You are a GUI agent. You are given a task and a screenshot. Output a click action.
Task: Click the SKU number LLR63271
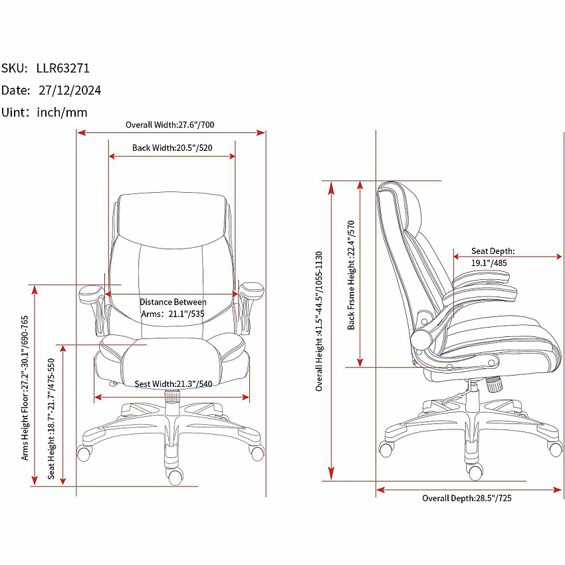(63, 68)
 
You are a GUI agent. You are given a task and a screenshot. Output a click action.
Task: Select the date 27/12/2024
(70, 90)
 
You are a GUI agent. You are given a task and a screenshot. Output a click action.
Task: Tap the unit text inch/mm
(62, 112)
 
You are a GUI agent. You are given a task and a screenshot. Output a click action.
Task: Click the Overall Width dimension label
(169, 125)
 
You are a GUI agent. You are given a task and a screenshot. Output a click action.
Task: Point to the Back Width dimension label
(172, 148)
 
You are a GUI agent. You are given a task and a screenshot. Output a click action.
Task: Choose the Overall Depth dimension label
(467, 498)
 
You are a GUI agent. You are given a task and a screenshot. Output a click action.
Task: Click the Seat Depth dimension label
(493, 257)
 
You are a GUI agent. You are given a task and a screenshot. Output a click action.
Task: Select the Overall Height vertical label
(319, 321)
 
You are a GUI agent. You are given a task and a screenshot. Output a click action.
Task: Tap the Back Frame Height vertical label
(352, 275)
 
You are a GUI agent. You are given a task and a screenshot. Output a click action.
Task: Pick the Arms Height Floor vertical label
(25, 388)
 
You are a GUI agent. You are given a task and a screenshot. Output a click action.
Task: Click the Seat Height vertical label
(51, 419)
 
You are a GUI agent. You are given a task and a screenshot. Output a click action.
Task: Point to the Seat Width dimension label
(173, 384)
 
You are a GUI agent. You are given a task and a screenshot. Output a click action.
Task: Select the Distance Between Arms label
(173, 308)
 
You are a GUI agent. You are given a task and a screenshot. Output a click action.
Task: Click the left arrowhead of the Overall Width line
(82, 132)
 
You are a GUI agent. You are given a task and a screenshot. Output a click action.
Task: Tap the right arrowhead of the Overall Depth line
(557, 490)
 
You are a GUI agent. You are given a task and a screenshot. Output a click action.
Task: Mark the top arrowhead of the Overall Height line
(332, 187)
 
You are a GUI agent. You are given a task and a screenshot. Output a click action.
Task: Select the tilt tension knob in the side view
(495, 384)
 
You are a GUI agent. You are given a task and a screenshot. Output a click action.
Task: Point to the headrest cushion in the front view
(172, 220)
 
